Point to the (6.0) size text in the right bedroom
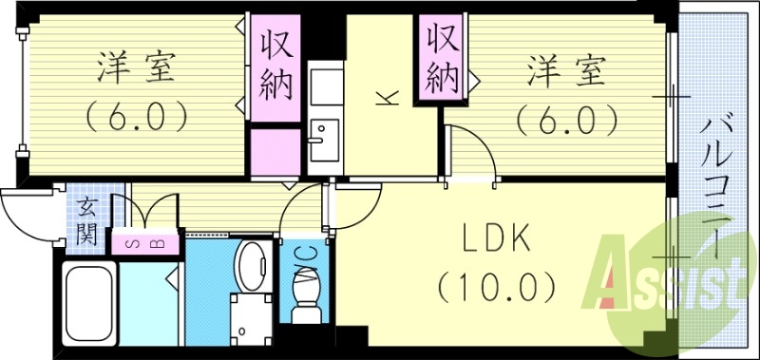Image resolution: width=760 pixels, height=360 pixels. click(x=567, y=119)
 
